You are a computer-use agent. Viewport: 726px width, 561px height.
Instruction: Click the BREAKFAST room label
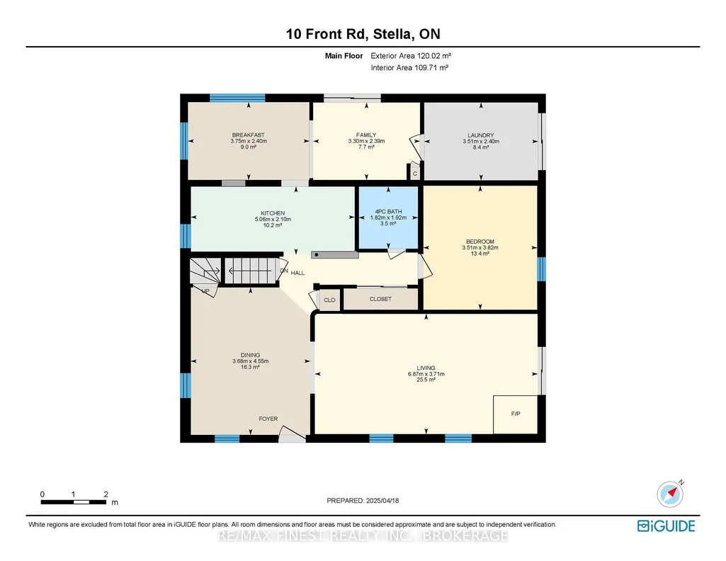pyautogui.click(x=248, y=135)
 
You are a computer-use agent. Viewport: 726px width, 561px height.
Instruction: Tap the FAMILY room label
pyautogui.click(x=366, y=135)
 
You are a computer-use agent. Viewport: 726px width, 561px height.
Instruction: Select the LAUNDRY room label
pyautogui.click(x=481, y=135)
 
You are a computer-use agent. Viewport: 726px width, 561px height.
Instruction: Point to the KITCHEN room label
pyautogui.click(x=273, y=213)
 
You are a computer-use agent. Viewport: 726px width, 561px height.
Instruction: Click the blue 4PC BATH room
pyautogui.click(x=388, y=217)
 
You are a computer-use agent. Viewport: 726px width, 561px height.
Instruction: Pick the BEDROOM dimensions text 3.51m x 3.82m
pyautogui.click(x=480, y=248)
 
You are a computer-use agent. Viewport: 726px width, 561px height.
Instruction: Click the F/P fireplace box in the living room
pyautogui.click(x=516, y=414)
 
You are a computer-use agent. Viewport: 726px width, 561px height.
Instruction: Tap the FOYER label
pyautogui.click(x=268, y=419)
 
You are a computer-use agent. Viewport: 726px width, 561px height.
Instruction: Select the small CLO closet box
pyautogui.click(x=329, y=300)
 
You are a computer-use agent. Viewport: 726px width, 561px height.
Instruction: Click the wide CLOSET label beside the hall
pyautogui.click(x=380, y=299)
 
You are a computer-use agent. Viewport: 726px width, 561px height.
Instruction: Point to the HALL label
pyautogui.click(x=297, y=273)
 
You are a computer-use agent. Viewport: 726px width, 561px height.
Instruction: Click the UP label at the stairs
pyautogui.click(x=205, y=291)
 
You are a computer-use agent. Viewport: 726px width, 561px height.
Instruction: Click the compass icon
pyautogui.click(x=670, y=494)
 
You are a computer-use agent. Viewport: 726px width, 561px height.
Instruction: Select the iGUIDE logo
pyautogui.click(x=667, y=526)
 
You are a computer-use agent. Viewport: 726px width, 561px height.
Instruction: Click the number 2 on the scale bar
pyautogui.click(x=106, y=494)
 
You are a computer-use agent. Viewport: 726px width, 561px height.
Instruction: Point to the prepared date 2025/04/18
pyautogui.click(x=382, y=500)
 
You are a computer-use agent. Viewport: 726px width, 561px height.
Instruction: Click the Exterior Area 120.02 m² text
pyautogui.click(x=411, y=55)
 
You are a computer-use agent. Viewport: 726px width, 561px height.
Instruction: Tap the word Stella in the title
pyautogui.click(x=392, y=34)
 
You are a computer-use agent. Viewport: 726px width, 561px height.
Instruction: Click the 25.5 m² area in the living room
pyautogui.click(x=426, y=380)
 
